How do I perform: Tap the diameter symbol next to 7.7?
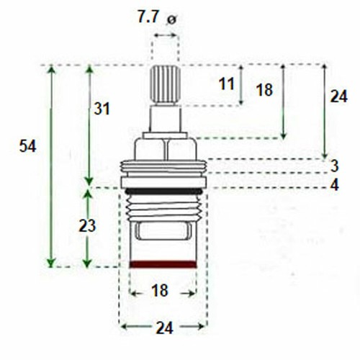click(171, 19)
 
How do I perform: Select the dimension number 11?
click(227, 84)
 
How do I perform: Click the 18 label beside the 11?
click(264, 89)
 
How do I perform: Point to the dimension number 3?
click(335, 166)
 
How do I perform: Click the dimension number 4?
click(335, 184)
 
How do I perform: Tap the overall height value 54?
click(27, 146)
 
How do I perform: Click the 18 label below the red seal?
click(161, 291)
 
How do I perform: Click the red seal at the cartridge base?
click(163, 264)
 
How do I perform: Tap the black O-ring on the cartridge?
click(163, 190)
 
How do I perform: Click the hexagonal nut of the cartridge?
click(166, 148)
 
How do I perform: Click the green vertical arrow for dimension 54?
click(51, 166)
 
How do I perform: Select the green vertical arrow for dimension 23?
click(89, 228)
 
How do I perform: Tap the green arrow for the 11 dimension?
click(241, 84)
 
